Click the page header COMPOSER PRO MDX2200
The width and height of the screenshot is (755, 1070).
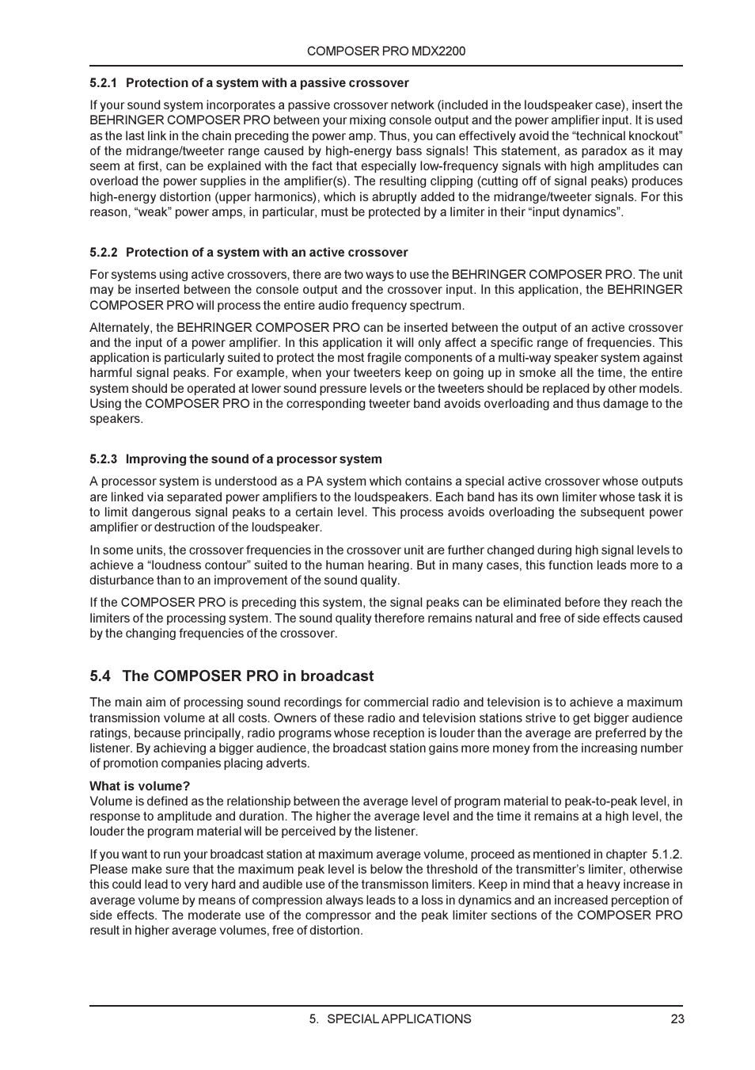pos(385,51)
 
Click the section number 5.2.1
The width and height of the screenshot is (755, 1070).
pos(104,83)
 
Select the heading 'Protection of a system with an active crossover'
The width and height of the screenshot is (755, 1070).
pos(267,253)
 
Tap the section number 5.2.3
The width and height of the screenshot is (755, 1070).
pos(104,459)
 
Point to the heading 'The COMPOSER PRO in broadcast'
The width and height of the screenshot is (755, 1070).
pos(248,676)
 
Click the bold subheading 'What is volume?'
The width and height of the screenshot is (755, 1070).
pos(140,786)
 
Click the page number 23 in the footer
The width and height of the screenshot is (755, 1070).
pos(677,1019)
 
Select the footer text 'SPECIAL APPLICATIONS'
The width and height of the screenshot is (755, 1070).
pos(399,1019)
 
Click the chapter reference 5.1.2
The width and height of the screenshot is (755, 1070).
pos(666,855)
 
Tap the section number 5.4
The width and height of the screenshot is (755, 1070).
pos(100,676)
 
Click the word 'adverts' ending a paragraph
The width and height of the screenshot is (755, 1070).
pos(288,763)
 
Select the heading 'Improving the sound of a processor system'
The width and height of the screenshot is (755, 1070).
pos(253,459)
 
